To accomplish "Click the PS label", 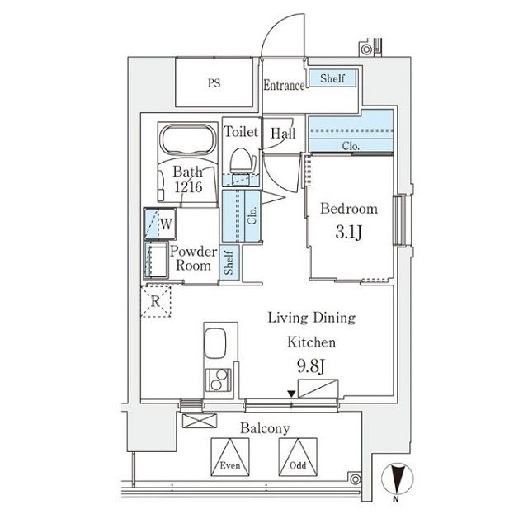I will pos(214,82).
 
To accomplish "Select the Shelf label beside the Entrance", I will pos(332,79).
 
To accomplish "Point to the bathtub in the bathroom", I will pos(186,140).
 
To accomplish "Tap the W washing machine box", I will pos(163,223).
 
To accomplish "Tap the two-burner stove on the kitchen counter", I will pos(218,382).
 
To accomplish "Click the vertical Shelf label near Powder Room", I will pos(230,264).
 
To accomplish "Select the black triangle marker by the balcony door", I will pos(292,394).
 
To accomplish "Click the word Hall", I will pos(283,132).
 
